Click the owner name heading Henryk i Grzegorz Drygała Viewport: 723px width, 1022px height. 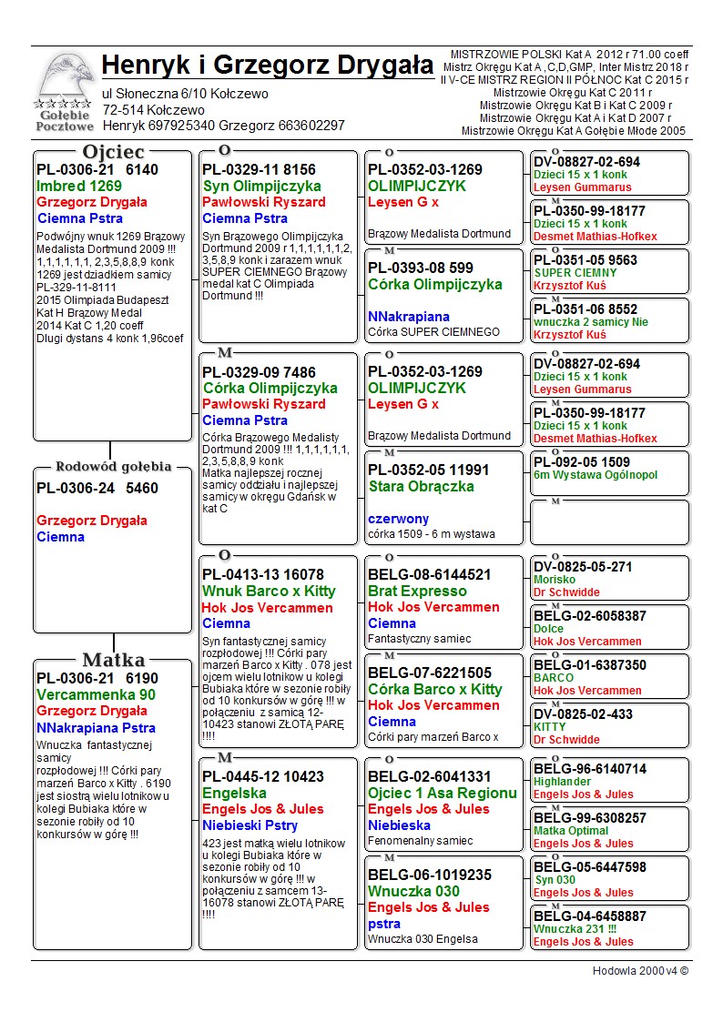[268, 66]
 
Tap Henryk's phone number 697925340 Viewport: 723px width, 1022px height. [182, 125]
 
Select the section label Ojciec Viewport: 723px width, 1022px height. [113, 151]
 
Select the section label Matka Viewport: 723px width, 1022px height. [113, 660]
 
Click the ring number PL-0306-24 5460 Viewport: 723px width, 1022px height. [97, 488]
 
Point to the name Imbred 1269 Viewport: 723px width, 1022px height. [79, 186]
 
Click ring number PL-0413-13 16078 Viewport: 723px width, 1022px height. [263, 574]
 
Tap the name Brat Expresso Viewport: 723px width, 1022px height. [417, 591]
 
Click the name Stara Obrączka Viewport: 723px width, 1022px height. [422, 486]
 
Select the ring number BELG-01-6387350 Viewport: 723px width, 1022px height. [590, 665]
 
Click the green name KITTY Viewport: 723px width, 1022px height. [549, 727]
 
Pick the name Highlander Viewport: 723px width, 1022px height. [562, 782]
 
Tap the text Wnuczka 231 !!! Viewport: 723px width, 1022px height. [575, 929]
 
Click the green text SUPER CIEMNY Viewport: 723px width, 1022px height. [575, 273]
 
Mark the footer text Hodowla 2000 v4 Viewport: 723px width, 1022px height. [640, 971]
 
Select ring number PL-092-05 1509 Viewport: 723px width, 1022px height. [582, 462]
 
